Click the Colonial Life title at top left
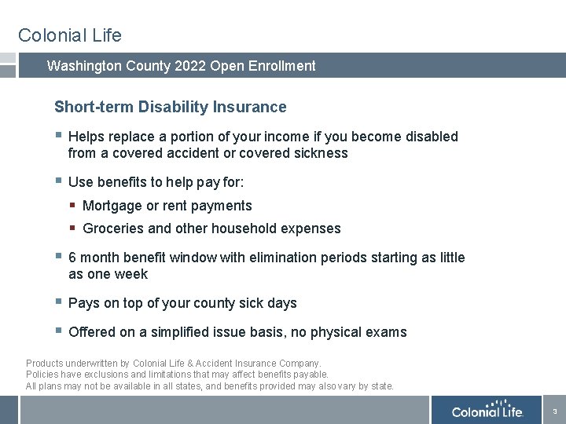[x=70, y=35]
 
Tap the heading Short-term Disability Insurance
[x=171, y=107]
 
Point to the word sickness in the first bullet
[x=318, y=153]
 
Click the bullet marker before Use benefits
[x=58, y=181]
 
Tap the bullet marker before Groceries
[x=72, y=228]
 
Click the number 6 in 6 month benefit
[x=72, y=258]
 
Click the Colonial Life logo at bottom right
[x=487, y=411]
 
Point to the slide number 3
[x=554, y=411]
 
